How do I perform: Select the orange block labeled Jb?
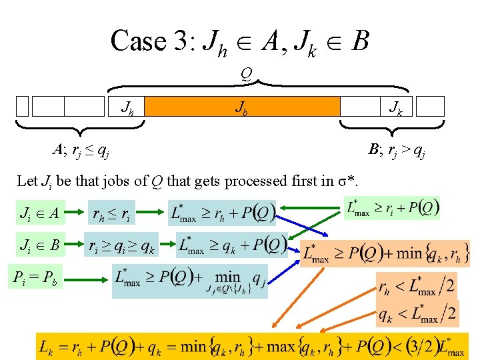point(242,107)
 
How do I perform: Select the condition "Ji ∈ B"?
point(40,245)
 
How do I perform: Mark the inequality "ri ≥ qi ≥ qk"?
point(122,246)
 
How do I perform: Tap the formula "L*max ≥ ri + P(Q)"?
point(393,208)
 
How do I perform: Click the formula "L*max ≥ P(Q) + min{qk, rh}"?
point(385,253)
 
